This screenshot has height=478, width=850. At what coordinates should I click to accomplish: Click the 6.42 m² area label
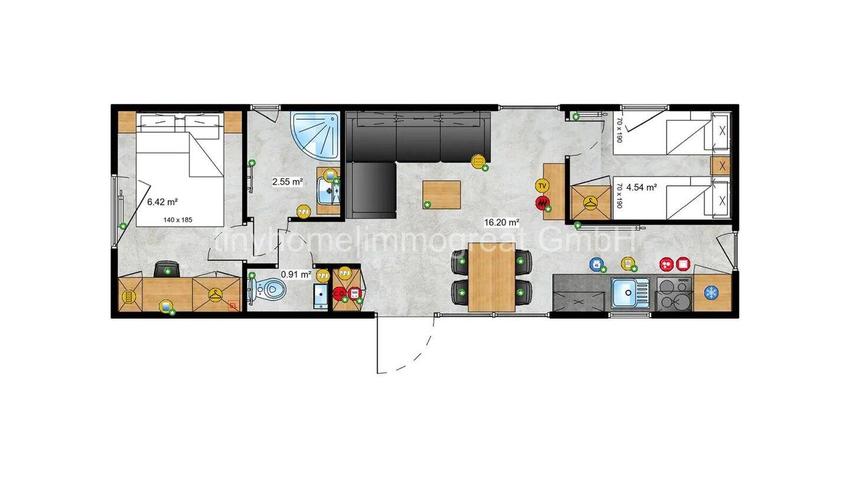[162, 202]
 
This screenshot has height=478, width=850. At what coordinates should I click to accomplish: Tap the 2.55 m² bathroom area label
[287, 182]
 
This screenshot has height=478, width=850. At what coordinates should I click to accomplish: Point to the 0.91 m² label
[296, 274]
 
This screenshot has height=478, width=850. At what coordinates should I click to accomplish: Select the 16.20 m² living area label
[502, 222]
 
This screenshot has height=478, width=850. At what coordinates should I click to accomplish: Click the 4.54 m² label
[642, 188]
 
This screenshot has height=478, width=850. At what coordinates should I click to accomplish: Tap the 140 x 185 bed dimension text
[178, 220]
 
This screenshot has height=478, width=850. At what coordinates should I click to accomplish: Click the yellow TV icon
[542, 186]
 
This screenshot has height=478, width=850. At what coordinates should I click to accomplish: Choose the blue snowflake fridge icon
[711, 292]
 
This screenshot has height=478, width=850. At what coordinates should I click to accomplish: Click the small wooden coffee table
[442, 195]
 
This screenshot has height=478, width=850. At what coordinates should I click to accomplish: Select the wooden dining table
[492, 277]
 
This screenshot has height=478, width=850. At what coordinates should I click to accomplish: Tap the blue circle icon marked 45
[596, 264]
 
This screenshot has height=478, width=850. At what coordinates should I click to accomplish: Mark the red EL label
[233, 306]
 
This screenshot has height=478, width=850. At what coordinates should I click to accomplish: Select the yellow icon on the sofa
[478, 160]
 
